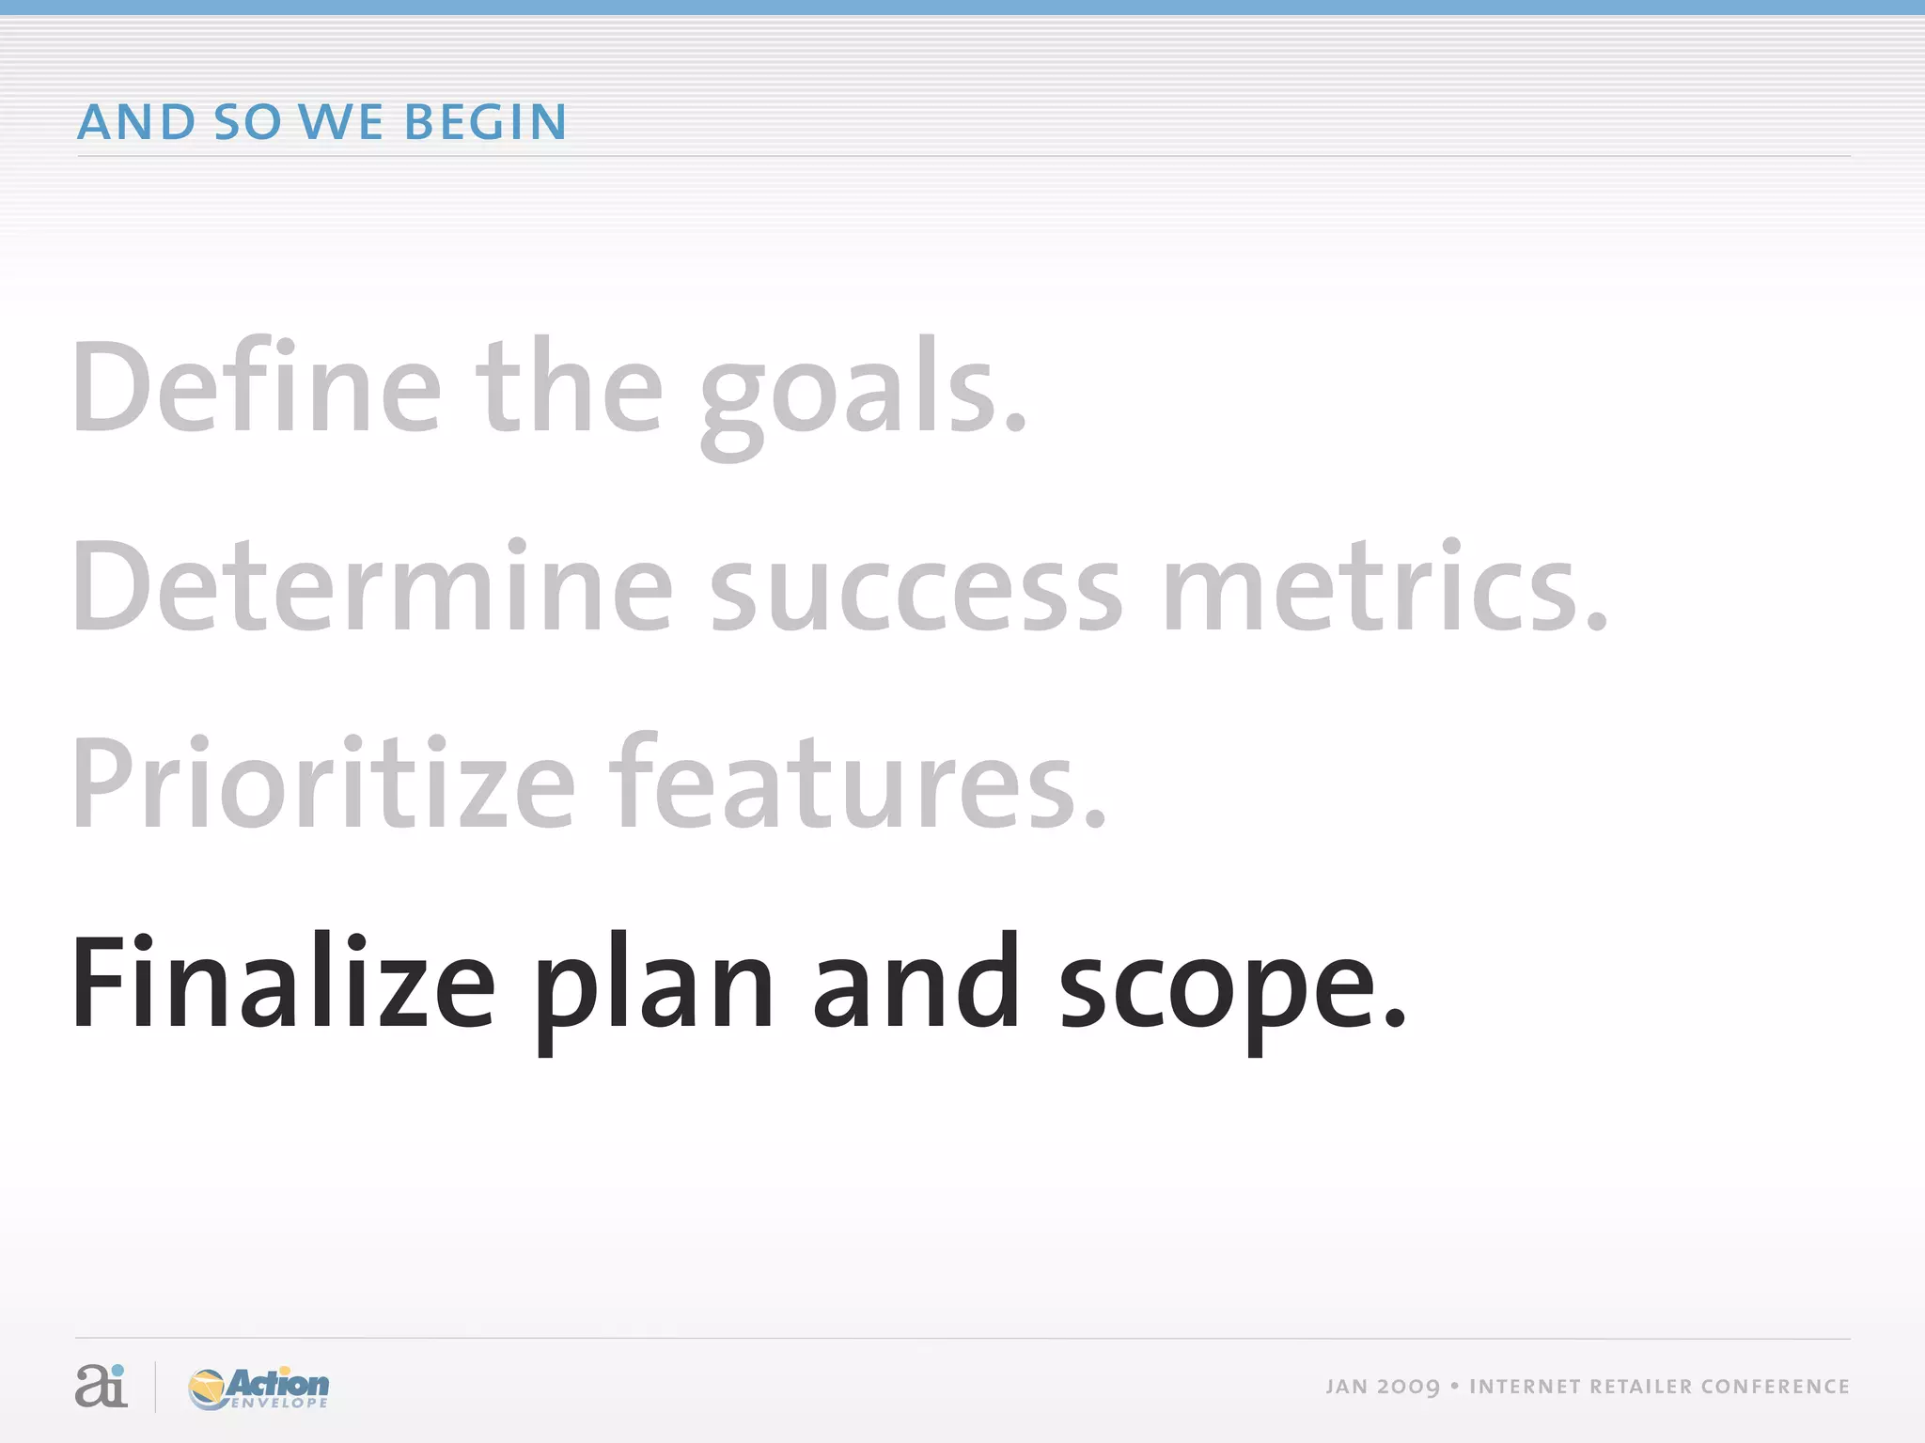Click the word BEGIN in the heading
tap(485, 122)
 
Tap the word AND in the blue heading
tap(136, 122)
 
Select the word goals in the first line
tap(863, 395)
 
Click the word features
tap(857, 784)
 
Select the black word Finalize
tap(282, 982)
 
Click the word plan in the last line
tap(654, 991)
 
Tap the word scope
tap(1231, 991)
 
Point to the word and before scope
tap(916, 982)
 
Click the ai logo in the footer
tap(101, 1386)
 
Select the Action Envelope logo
tap(258, 1388)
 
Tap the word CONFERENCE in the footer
tap(1775, 1387)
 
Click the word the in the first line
tap(570, 388)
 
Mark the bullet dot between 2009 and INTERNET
tap(1454, 1386)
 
